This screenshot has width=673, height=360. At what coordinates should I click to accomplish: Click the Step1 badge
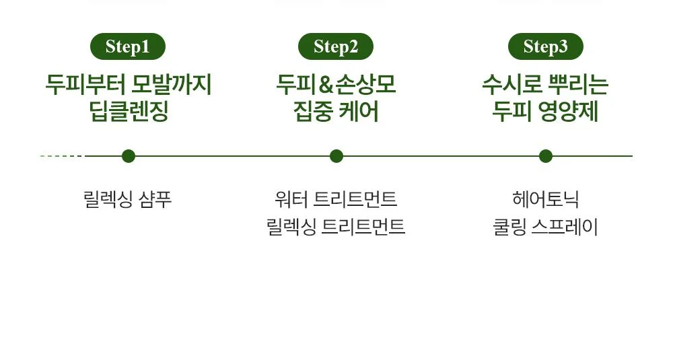pyautogui.click(x=127, y=46)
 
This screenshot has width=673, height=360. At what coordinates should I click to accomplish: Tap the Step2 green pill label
pyautogui.click(x=336, y=46)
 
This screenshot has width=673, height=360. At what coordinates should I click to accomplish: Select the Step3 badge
pyautogui.click(x=546, y=46)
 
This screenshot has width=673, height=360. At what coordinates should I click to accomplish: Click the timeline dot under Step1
pyautogui.click(x=129, y=156)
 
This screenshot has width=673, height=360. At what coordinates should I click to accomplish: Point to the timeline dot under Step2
pyautogui.click(x=336, y=156)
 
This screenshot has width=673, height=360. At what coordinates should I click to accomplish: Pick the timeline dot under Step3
pyautogui.click(x=546, y=156)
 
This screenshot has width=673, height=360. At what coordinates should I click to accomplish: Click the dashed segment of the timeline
pyautogui.click(x=62, y=156)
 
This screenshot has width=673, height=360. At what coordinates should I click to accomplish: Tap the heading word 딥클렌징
pyautogui.click(x=129, y=112)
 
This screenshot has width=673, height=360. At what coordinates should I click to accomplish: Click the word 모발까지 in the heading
pyautogui.click(x=171, y=85)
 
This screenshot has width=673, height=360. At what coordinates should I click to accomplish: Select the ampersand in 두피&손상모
pyautogui.click(x=326, y=85)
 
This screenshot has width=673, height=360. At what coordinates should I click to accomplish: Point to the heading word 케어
pyautogui.click(x=359, y=112)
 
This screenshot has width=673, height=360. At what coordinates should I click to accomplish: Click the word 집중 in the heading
pyautogui.click(x=313, y=112)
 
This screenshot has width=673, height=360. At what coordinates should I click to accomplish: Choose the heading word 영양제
pyautogui.click(x=568, y=112)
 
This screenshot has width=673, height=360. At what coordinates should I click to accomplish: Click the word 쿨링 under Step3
pyautogui.click(x=509, y=227)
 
